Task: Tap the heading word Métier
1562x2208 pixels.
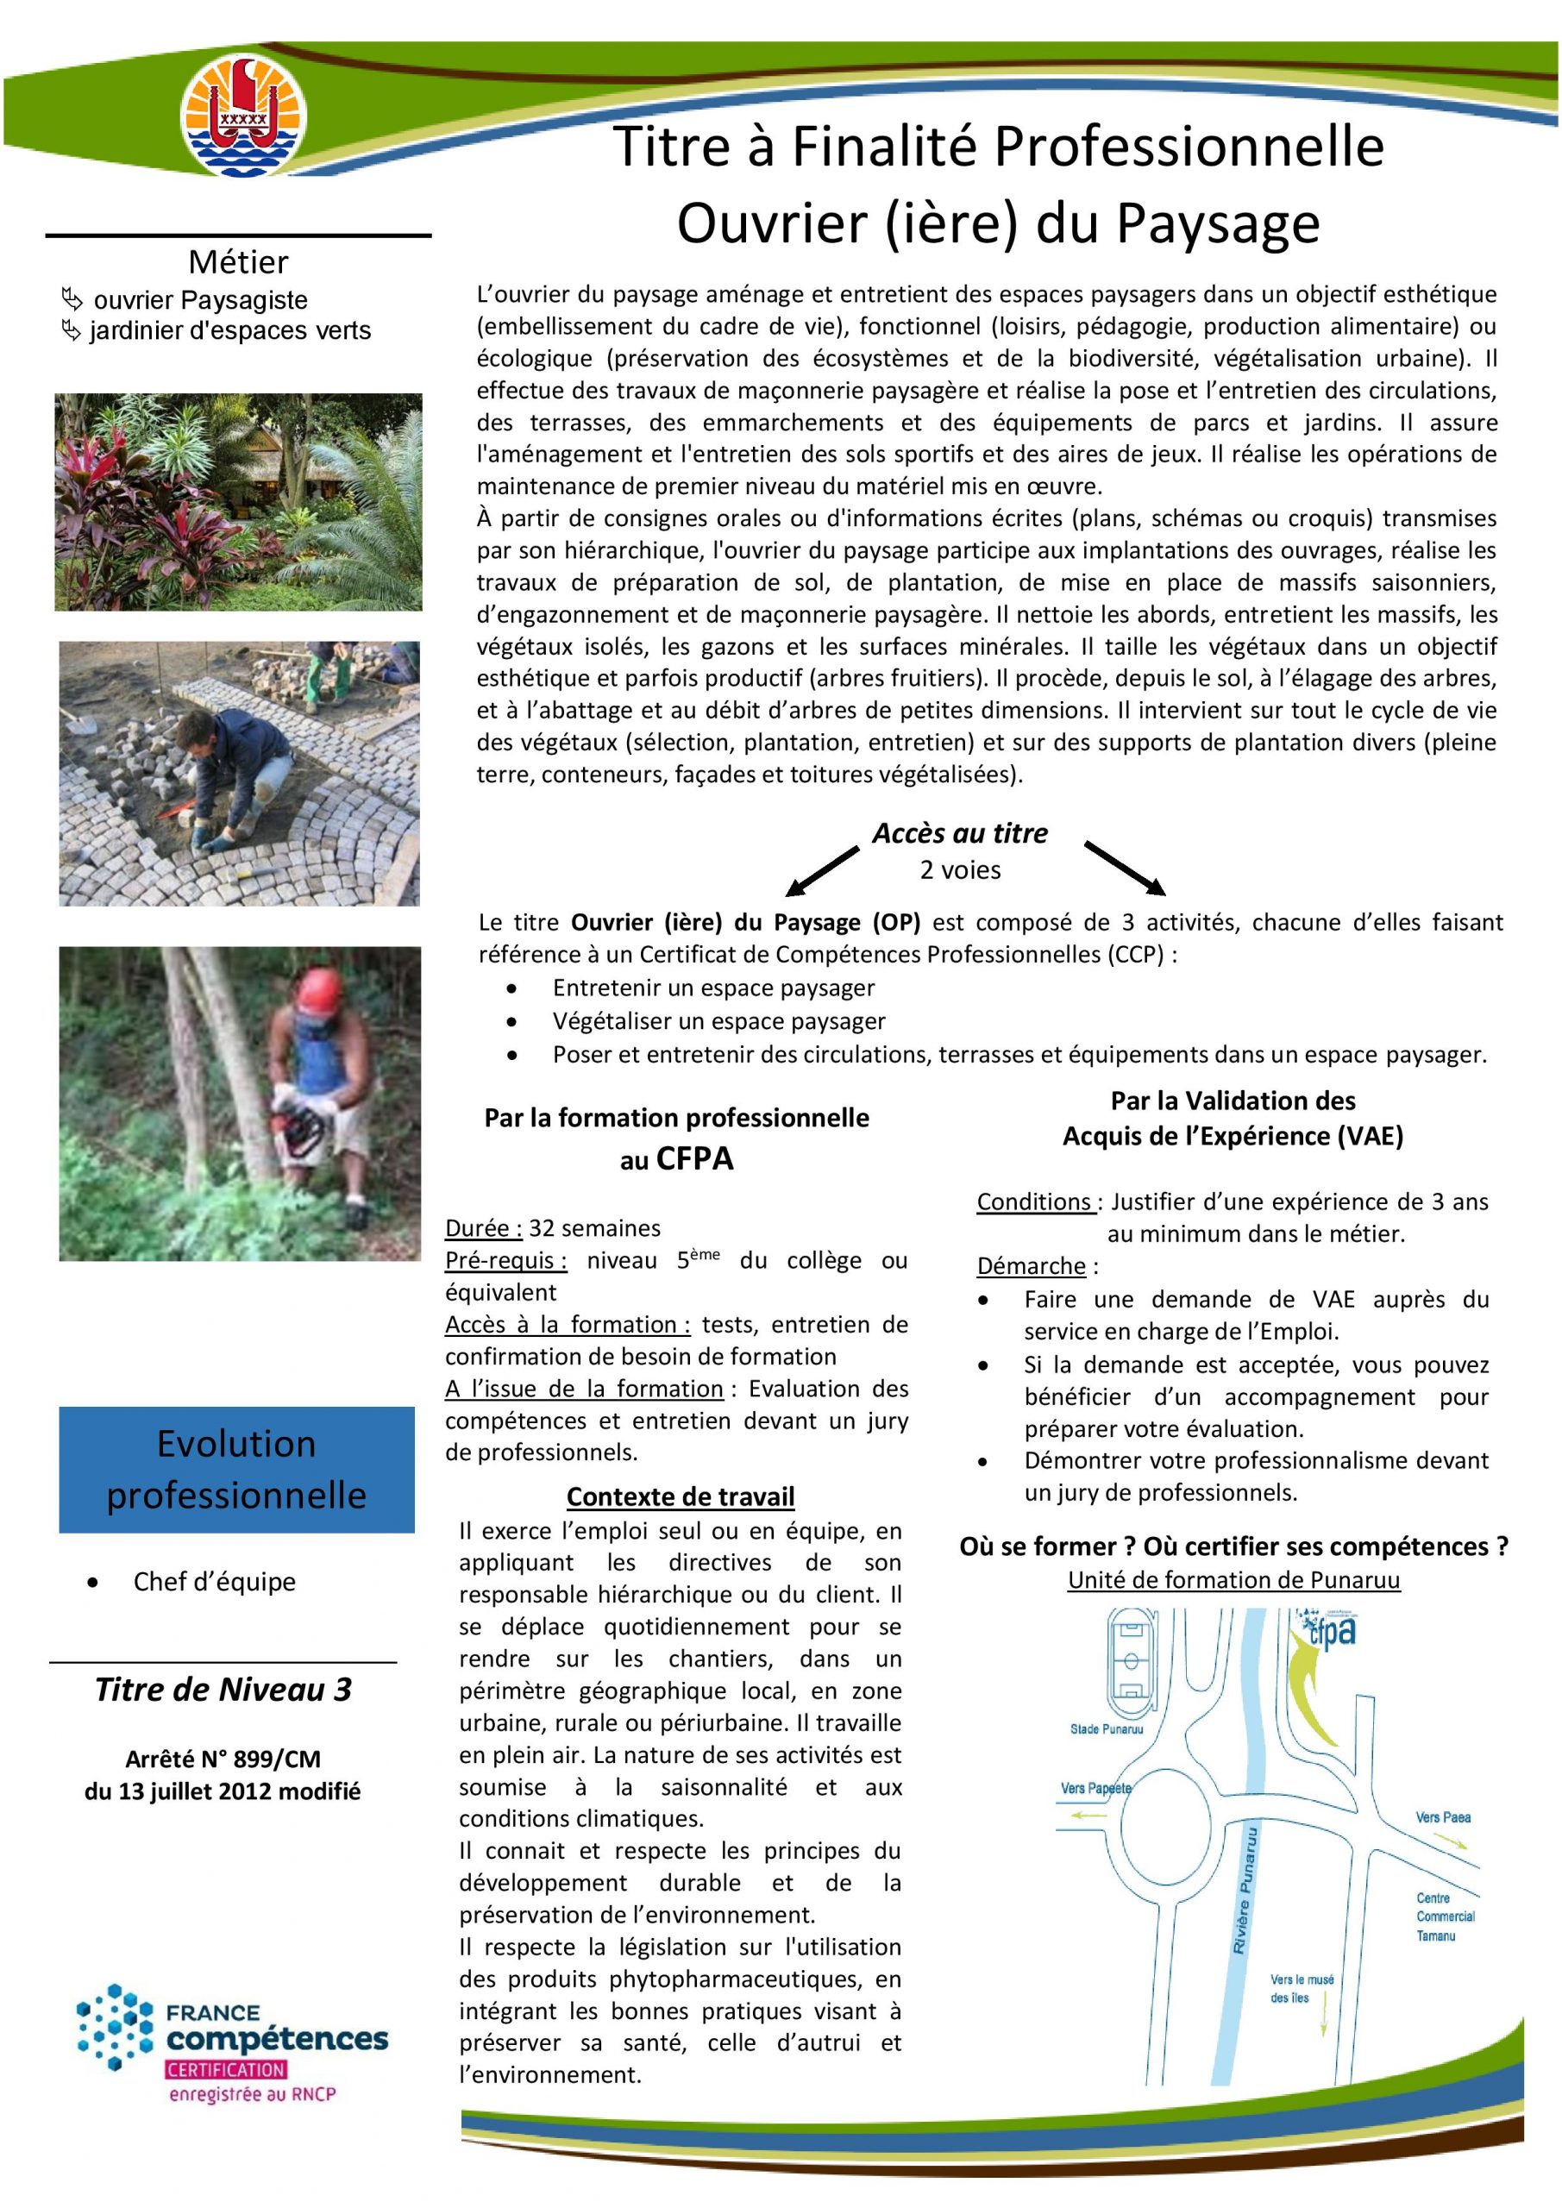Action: (237, 261)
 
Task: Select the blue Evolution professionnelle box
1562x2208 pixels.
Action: (236, 1469)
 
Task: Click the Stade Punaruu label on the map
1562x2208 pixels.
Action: (1106, 1729)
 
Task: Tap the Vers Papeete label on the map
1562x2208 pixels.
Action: (1095, 1788)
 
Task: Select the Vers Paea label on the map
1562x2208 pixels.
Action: (1443, 1816)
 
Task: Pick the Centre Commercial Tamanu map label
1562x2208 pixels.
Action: (1445, 1916)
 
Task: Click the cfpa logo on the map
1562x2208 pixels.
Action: (1329, 1632)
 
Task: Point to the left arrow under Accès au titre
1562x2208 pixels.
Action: (821, 870)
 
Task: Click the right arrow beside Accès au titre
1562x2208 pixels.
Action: (1125, 867)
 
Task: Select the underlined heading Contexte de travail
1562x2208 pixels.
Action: (680, 1496)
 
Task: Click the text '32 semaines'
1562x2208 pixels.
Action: (594, 1228)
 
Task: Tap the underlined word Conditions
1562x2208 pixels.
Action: (1034, 1201)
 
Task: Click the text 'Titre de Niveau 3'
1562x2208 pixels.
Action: (223, 1690)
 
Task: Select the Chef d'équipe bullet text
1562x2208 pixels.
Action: (215, 1581)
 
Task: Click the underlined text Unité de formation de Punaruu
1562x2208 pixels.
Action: (1233, 1579)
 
